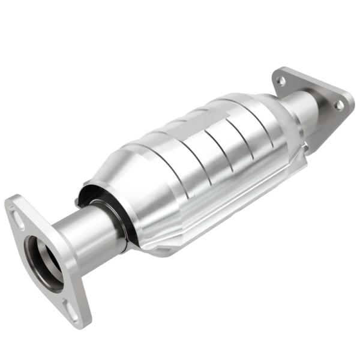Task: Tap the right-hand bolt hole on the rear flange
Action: [x=340, y=106]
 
